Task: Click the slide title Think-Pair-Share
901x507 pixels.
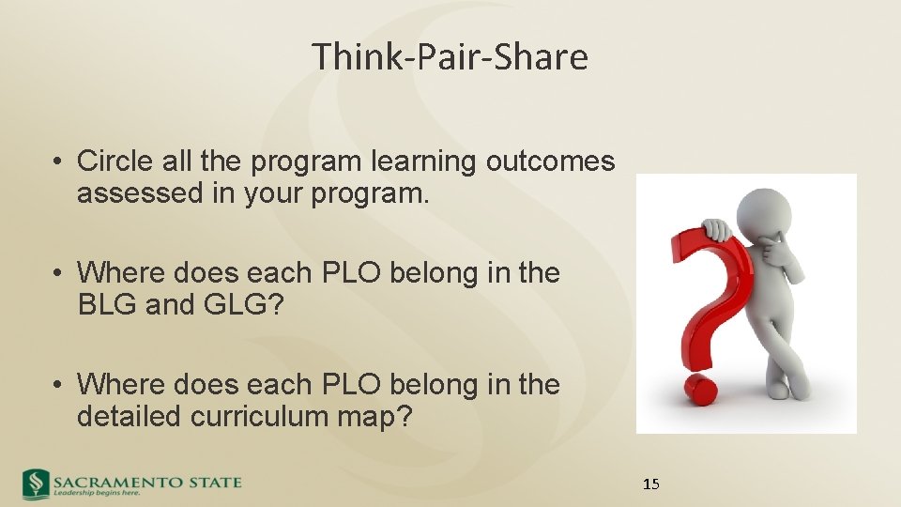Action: click(450, 57)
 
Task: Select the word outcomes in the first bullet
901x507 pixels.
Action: click(550, 161)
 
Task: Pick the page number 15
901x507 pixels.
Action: click(651, 484)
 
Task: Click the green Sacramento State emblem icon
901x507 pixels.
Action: click(36, 483)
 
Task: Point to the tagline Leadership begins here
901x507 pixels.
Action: click(97, 493)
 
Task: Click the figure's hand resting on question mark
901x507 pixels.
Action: click(719, 228)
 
